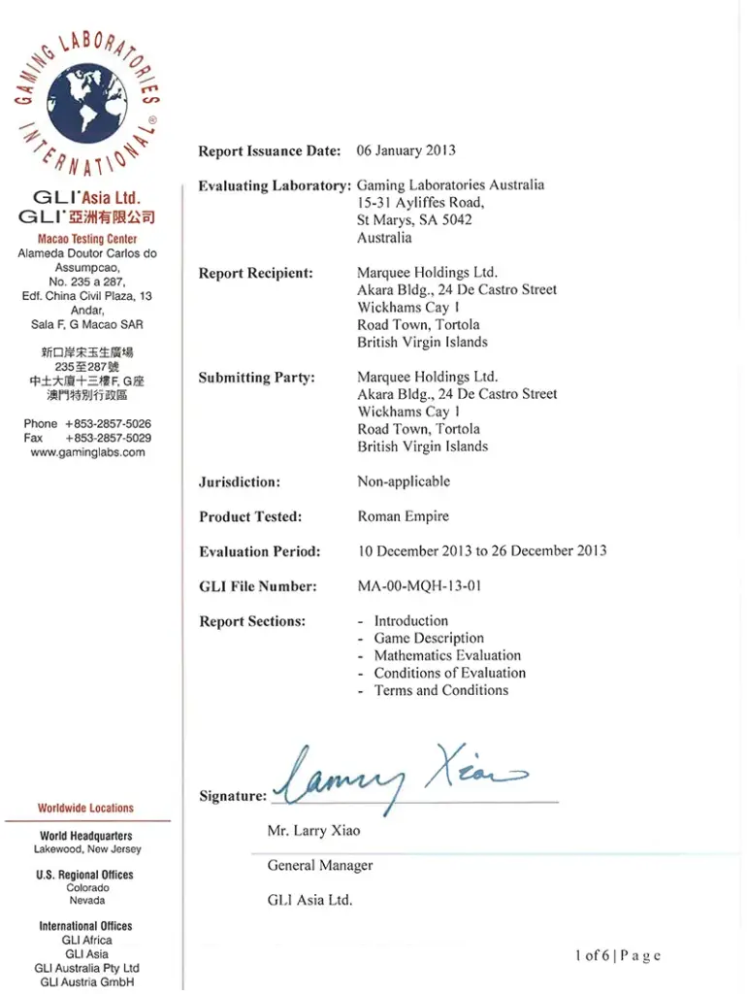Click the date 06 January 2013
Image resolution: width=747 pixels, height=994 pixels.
coord(406,150)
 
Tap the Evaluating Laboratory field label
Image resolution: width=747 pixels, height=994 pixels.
coord(274,185)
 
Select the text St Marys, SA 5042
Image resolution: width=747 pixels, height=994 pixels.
coord(414,220)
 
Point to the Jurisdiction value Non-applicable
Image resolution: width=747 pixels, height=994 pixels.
coord(404,481)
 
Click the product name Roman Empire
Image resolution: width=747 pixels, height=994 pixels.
coord(403,516)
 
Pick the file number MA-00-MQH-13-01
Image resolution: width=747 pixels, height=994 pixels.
coord(419,586)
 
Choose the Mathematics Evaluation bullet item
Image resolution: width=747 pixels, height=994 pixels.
coord(447,655)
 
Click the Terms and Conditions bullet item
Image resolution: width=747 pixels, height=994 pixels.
coord(440,690)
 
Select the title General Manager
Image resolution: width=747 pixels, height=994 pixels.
coord(320,865)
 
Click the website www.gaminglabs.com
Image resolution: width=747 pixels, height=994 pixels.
coord(87,452)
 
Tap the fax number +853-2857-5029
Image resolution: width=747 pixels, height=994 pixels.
coord(108,438)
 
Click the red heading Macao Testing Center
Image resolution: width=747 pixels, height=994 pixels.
coord(87,239)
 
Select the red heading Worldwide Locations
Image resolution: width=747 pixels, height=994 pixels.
coord(86,808)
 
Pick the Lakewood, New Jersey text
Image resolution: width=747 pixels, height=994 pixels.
coord(86,849)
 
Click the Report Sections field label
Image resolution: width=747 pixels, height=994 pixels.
coord(252,621)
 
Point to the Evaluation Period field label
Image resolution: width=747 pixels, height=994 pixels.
coord(259,551)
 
